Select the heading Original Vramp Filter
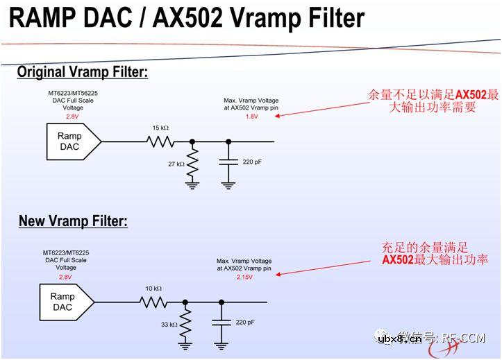click(83, 71)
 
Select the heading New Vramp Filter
click(73, 221)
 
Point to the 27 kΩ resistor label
click(176, 164)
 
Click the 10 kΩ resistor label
click(153, 288)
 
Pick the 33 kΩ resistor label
click(169, 324)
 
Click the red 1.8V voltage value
click(251, 117)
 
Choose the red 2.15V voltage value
click(244, 276)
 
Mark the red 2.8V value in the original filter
click(73, 117)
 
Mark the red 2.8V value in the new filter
click(66, 276)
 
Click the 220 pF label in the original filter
click(251, 162)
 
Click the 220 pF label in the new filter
click(244, 322)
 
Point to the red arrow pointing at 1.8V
click(319, 109)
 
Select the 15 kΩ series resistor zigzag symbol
click(160, 142)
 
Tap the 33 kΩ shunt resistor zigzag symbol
click(185, 323)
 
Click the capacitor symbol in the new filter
click(221, 323)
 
